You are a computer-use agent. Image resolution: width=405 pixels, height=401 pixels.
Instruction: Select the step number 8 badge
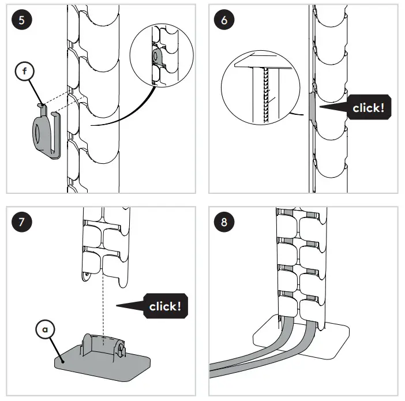[224, 222]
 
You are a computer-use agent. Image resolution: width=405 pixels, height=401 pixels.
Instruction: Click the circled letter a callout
[46, 329]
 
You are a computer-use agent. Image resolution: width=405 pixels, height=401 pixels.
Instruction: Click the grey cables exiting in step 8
[260, 355]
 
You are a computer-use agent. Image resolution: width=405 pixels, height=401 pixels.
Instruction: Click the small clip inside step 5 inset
[157, 55]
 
